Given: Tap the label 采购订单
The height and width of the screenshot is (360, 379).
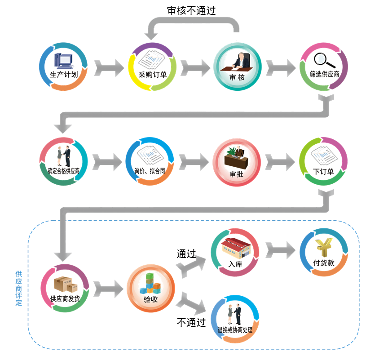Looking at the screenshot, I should click(153, 75).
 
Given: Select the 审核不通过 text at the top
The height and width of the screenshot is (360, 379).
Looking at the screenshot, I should click(191, 10).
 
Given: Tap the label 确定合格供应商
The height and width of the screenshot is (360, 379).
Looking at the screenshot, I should click(64, 171).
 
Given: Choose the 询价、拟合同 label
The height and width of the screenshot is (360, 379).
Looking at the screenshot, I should click(150, 171).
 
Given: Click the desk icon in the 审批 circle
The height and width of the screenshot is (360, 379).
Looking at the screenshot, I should click(237, 157).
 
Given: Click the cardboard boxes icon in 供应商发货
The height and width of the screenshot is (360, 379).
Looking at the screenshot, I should click(63, 284).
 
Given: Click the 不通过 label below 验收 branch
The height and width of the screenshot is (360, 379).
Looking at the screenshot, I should click(191, 322).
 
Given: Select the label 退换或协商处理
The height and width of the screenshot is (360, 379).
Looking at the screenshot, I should click(235, 330).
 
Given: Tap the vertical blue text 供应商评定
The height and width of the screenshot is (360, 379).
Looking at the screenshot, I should click(18, 288).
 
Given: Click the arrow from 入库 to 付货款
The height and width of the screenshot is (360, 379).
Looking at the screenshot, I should click(281, 250).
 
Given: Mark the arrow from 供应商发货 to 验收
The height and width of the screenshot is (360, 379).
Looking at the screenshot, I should click(108, 288).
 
